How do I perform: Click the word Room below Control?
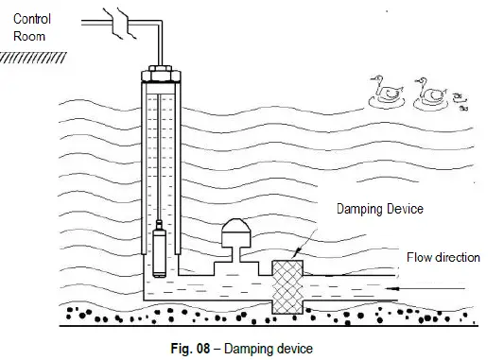(24, 36)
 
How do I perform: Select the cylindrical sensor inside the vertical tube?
(161, 248)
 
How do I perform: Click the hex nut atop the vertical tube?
(161, 72)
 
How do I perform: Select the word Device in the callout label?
(401, 209)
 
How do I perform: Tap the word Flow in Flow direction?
(420, 257)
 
